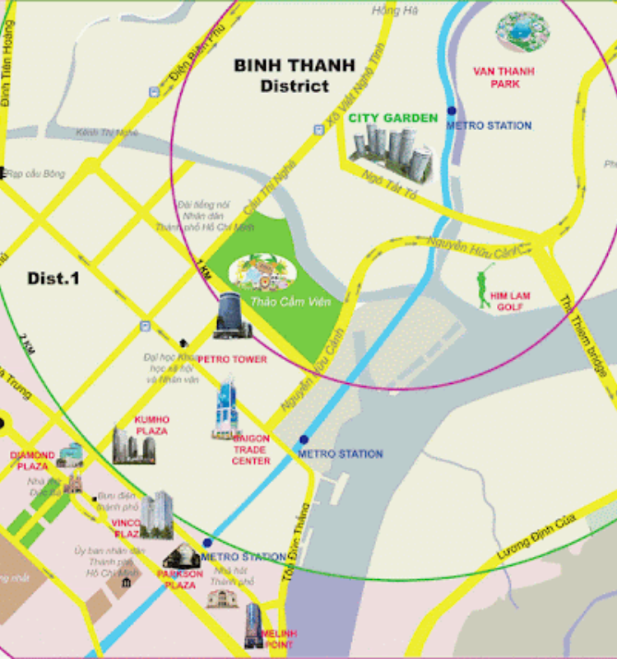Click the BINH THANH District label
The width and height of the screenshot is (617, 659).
coord(293,75)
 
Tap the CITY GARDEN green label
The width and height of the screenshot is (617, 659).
coord(393,119)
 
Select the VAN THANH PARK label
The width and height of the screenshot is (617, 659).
coord(503,77)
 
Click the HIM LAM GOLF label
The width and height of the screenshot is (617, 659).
coord(510,301)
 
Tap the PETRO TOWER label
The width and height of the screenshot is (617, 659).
coord(232,359)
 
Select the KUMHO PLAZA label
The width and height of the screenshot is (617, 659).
coord(151,425)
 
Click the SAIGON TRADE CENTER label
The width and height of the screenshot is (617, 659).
coord(251,450)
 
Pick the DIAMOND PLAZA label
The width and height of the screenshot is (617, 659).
coord(33,460)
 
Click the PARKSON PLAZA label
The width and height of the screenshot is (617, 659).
coord(179,579)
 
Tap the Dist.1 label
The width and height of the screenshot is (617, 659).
coord(53,278)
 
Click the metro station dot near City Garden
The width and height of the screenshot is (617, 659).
coord(451,110)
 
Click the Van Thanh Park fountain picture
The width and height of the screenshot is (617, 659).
coord(521,30)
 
